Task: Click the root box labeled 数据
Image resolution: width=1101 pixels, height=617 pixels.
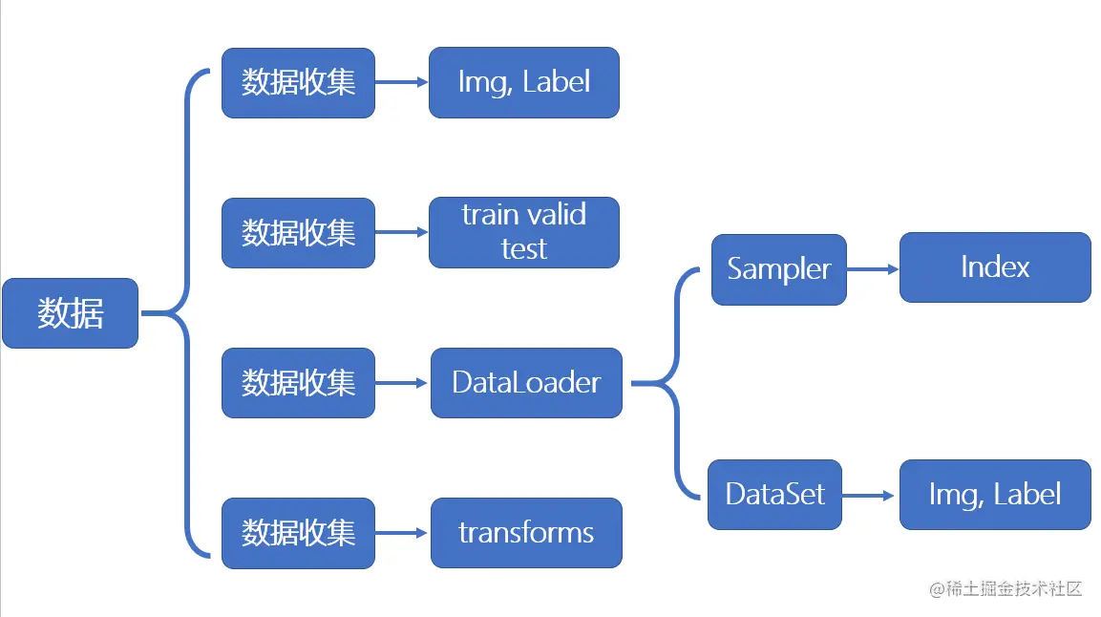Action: [71, 313]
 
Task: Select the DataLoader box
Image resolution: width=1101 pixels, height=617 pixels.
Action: [526, 383]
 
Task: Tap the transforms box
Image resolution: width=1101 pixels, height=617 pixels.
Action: [526, 533]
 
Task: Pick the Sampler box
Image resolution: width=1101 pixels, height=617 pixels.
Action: [778, 269]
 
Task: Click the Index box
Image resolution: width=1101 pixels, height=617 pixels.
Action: [995, 267]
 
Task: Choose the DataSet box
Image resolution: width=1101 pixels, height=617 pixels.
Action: [774, 495]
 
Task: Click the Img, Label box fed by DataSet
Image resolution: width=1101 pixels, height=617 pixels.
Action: [995, 495]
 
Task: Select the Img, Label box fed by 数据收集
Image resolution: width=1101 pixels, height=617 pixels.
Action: [524, 82]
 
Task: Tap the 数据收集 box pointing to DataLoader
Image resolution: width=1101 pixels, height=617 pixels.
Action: [299, 383]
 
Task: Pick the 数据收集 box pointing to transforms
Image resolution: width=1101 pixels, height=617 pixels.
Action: [299, 533]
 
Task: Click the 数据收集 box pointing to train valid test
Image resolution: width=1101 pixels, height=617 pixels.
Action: [299, 232]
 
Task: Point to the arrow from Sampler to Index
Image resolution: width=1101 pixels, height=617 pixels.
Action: [873, 268]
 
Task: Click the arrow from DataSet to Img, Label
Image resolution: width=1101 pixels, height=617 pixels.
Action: [868, 496]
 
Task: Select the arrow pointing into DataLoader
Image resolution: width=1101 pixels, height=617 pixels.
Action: [402, 383]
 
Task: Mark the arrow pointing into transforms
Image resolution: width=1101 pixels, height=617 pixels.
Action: [402, 534]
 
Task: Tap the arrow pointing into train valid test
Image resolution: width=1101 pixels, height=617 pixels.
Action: [402, 232]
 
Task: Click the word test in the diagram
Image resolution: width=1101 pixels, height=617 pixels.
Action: [524, 249]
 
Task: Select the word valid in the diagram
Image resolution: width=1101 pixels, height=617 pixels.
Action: [554, 214]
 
